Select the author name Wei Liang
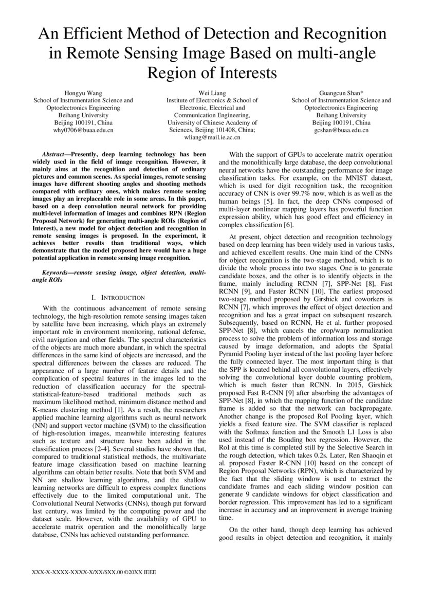(x=212, y=93)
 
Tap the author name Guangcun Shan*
(x=341, y=93)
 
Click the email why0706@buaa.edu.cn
(x=83, y=131)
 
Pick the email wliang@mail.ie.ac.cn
(x=212, y=138)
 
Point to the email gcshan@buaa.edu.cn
(x=341, y=131)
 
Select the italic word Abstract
(x=53, y=154)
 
